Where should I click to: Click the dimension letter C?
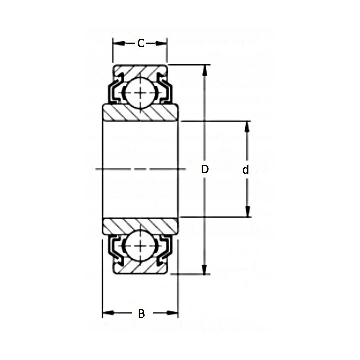(141, 43)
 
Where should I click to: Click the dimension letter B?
(141, 314)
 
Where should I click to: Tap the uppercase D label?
(205, 169)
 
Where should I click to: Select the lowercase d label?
(246, 170)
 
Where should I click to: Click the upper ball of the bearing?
(140, 93)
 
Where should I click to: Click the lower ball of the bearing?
(140, 246)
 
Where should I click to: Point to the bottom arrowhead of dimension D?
(204, 269)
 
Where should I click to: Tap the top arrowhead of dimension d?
(247, 127)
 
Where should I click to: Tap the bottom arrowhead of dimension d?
(247, 211)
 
